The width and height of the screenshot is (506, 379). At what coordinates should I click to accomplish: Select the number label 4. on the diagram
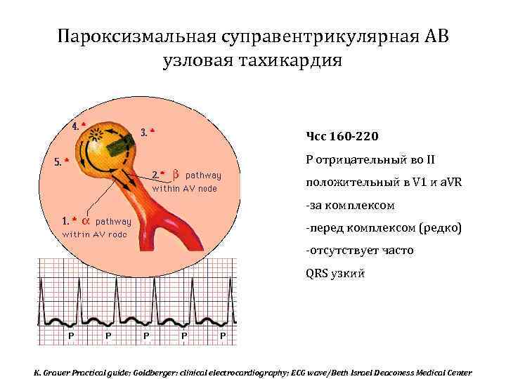77,126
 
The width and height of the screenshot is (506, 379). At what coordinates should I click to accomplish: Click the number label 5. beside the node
58,161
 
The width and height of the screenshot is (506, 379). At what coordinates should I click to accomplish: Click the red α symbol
85,220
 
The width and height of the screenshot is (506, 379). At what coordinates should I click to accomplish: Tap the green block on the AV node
119,146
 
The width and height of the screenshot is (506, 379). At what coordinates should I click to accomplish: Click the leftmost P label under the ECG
71,335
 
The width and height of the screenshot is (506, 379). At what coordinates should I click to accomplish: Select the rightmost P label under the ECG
223,335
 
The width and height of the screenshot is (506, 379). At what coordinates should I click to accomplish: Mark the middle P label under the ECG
146,335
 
